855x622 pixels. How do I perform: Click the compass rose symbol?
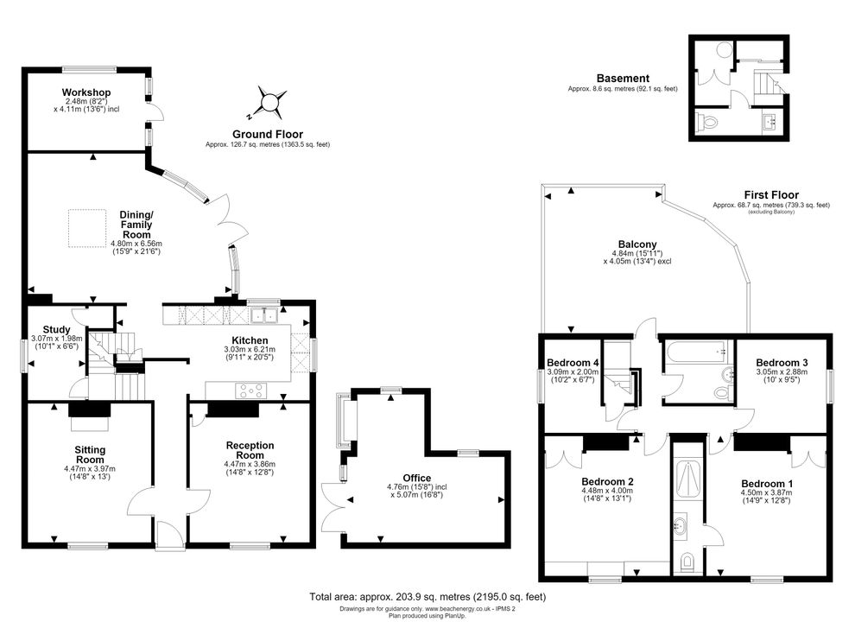[x=270, y=103]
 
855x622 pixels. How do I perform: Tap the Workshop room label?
[x=86, y=92]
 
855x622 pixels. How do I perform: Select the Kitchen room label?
[x=250, y=340]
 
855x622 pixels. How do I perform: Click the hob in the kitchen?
[x=250, y=390]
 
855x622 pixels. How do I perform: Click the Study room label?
[x=57, y=329]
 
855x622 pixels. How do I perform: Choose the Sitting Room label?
[x=90, y=454]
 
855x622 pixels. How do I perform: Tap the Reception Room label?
[x=250, y=450]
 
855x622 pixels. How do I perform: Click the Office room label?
[x=416, y=478]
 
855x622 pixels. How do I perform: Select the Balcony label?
[x=637, y=244]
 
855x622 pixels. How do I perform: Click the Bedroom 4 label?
[x=573, y=363]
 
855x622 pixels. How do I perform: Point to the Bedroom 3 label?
[x=782, y=363]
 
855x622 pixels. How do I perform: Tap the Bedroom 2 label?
[x=607, y=482]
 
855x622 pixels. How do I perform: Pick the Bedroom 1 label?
[x=767, y=484]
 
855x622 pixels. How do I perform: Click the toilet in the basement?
[x=706, y=121]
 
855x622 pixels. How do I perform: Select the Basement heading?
[x=623, y=79]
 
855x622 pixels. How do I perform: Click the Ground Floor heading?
[x=267, y=134]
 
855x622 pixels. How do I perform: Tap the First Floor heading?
[x=771, y=194]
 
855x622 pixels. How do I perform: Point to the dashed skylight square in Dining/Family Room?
[x=87, y=228]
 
